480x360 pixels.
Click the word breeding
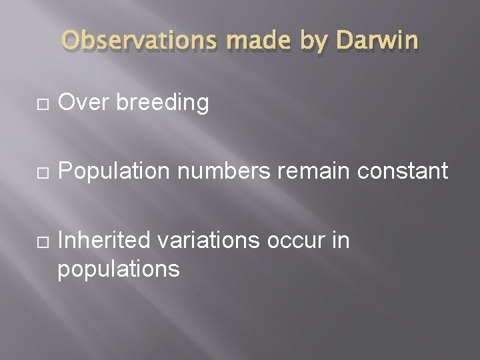click(x=161, y=104)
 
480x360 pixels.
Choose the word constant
click(x=403, y=171)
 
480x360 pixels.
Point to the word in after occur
click(x=340, y=240)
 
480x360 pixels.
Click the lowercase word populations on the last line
click(x=119, y=269)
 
